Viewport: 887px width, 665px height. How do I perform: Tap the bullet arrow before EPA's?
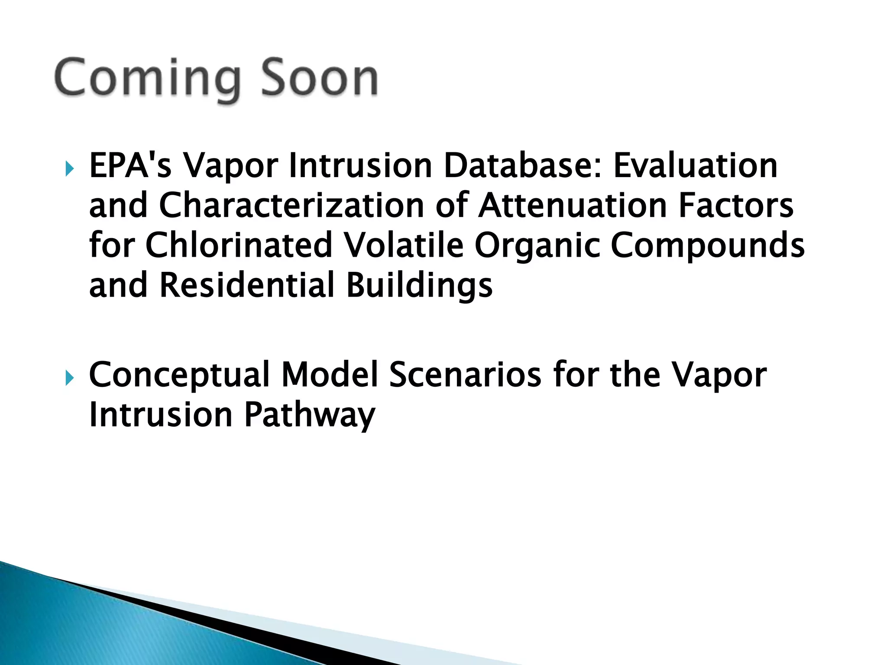click(69, 168)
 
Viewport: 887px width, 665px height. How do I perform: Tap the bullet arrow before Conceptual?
click(69, 378)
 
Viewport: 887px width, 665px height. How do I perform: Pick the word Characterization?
click(291, 205)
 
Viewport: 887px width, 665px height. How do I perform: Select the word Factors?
click(736, 205)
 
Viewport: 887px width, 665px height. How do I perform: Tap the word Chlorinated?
click(239, 245)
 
